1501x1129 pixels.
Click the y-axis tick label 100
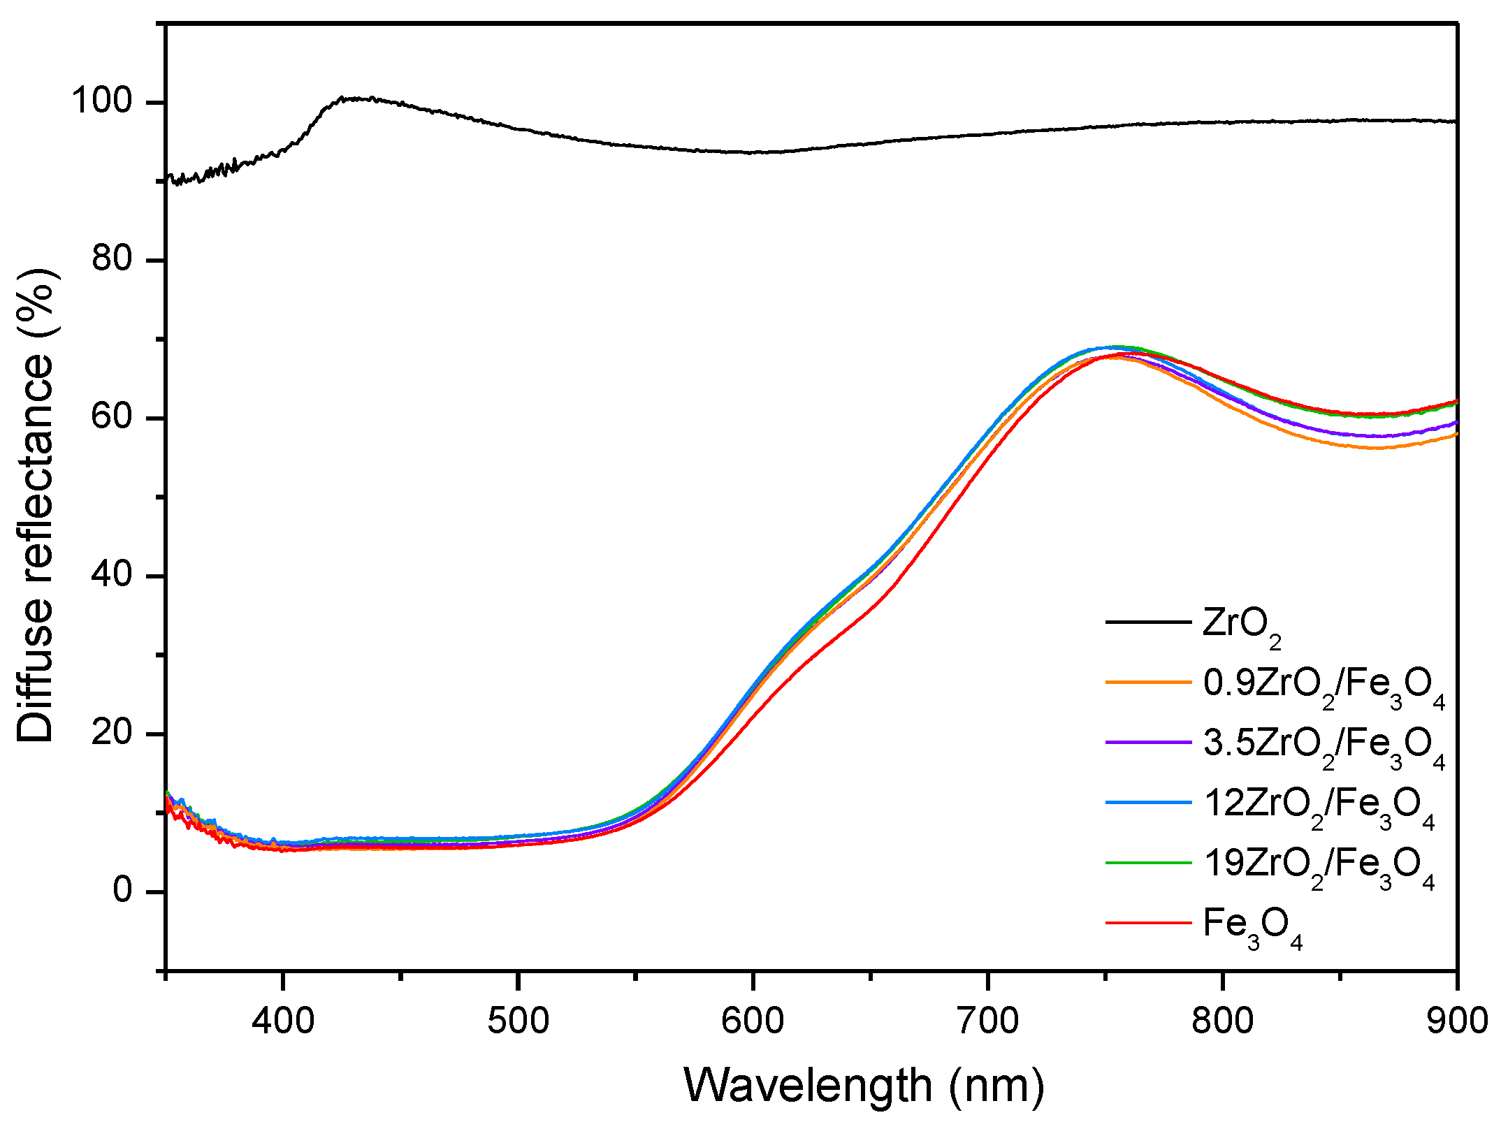103,101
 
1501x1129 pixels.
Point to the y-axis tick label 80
112,259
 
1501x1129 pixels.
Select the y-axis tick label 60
112,417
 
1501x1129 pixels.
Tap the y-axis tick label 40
112,575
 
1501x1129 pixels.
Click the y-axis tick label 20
112,733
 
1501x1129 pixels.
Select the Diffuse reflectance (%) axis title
36,505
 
